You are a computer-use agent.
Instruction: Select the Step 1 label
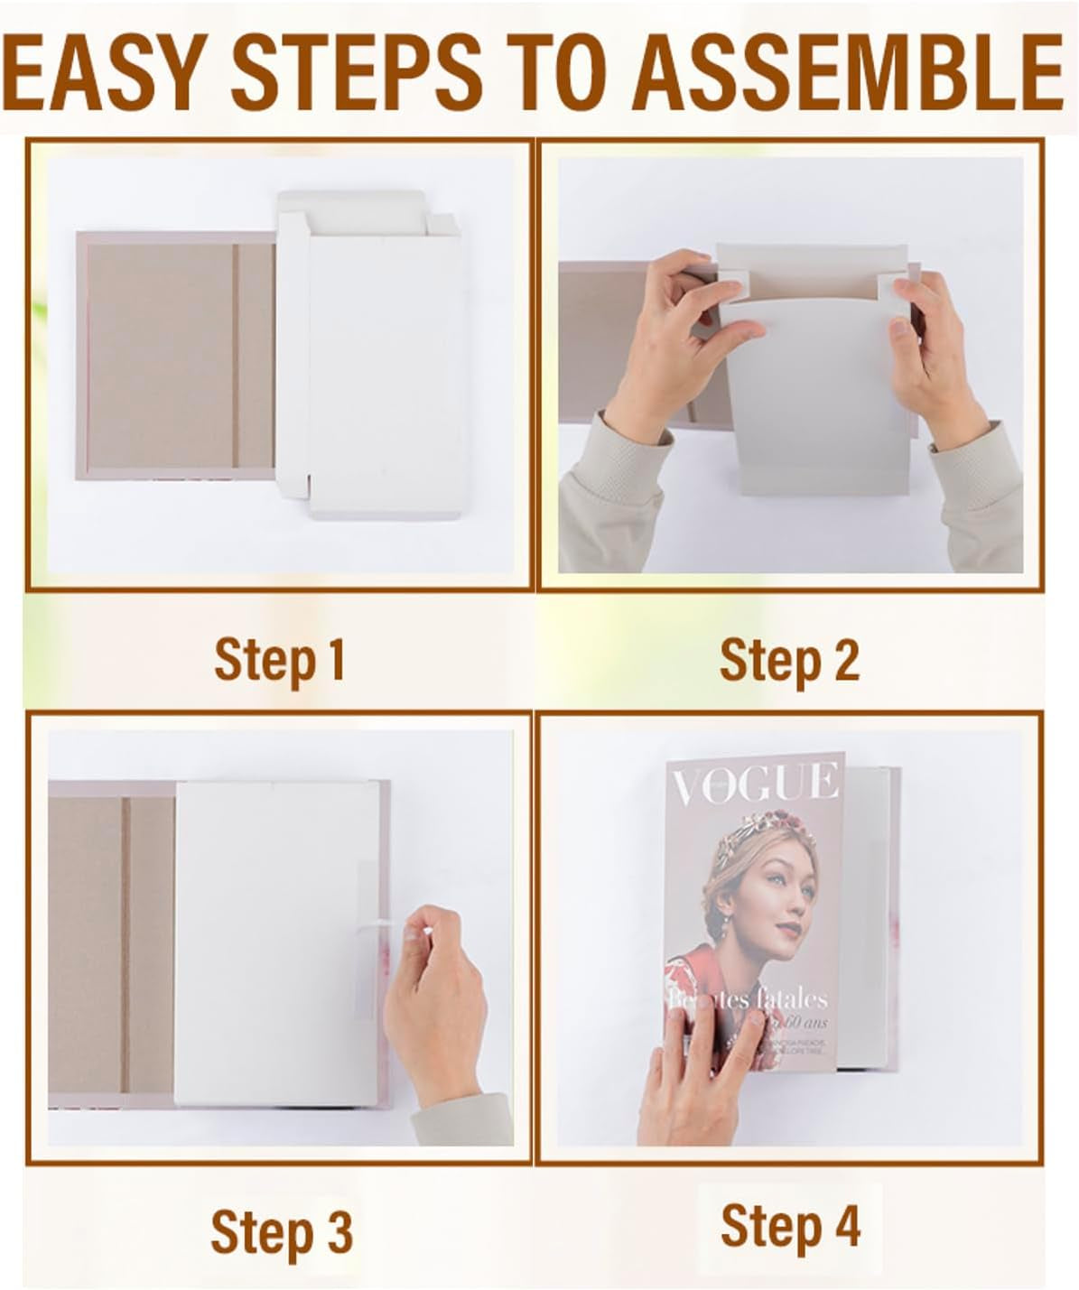280,660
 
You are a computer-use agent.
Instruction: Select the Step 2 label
788,660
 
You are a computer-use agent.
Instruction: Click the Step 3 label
281,1231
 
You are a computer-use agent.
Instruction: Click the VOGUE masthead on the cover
755,784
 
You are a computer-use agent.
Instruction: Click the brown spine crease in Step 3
126,943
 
